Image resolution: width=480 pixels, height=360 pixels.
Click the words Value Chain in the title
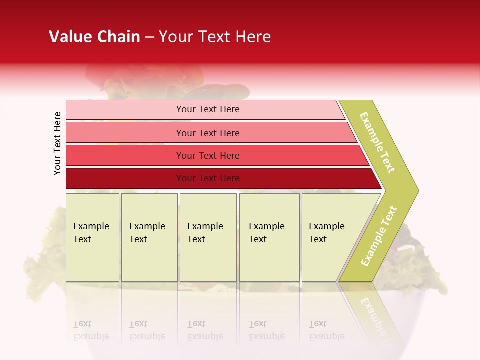pyautogui.click(x=94, y=37)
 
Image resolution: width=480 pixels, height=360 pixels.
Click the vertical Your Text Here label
pyautogui.click(x=57, y=143)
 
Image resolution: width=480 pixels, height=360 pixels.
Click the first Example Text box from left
pyautogui.click(x=92, y=237)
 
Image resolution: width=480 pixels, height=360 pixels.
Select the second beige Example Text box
pyautogui.click(x=149, y=237)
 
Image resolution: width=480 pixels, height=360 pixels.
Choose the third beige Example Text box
pyautogui.click(x=208, y=237)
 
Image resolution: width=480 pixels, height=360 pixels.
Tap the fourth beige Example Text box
pyautogui.click(x=269, y=237)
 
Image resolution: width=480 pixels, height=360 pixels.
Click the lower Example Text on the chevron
pyautogui.click(x=379, y=236)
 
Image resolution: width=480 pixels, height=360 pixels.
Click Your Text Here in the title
pyautogui.click(x=215, y=37)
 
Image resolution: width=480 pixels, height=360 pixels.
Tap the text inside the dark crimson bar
pyautogui.click(x=208, y=178)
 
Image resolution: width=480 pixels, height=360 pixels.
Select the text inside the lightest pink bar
pyautogui.click(x=208, y=109)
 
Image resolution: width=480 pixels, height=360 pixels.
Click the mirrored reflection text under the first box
pyautogui.click(x=91, y=330)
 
